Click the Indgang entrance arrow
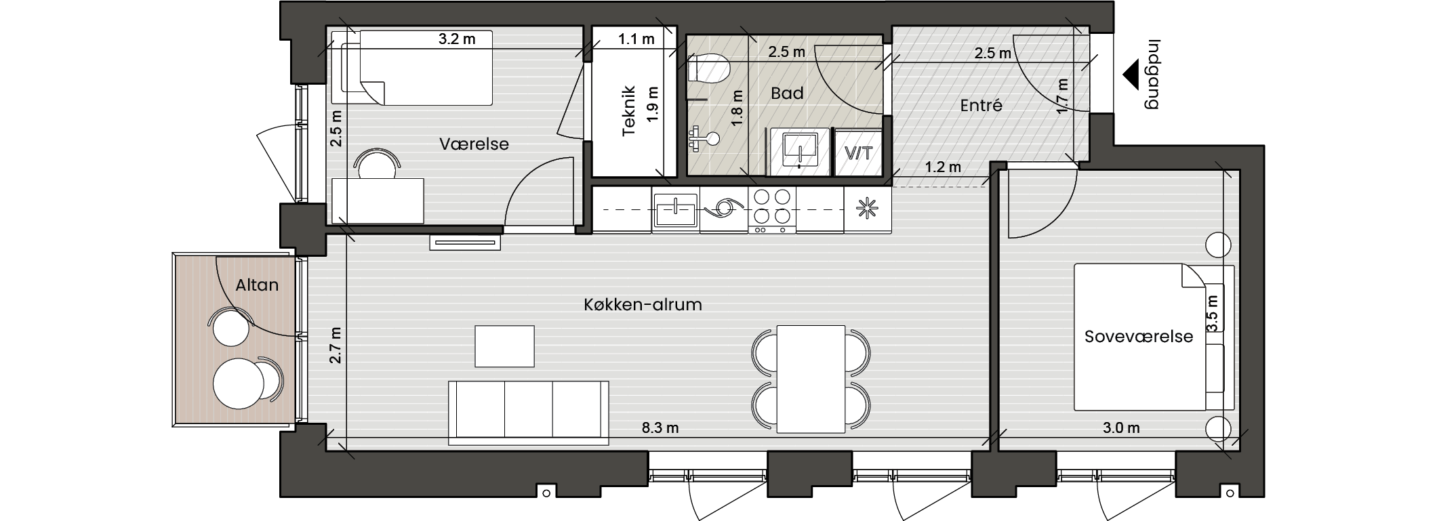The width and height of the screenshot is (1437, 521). [1129, 75]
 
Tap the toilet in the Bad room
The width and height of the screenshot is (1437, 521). [708, 68]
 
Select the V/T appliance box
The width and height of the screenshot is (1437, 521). [858, 152]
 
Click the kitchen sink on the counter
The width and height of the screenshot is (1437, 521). [675, 211]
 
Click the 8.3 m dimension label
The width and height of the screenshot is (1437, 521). [660, 428]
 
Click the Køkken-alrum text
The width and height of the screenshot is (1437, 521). [643, 305]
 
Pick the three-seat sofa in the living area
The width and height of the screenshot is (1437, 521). [528, 413]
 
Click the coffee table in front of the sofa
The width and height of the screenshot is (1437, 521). [504, 346]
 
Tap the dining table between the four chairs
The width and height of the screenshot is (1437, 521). [811, 379]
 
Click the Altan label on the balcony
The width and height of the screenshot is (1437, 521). [257, 285]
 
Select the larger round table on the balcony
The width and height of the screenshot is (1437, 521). [239, 383]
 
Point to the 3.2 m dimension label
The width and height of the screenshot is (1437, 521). [457, 39]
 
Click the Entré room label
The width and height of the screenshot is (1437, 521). [981, 106]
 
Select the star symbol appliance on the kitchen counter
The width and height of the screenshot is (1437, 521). [867, 210]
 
